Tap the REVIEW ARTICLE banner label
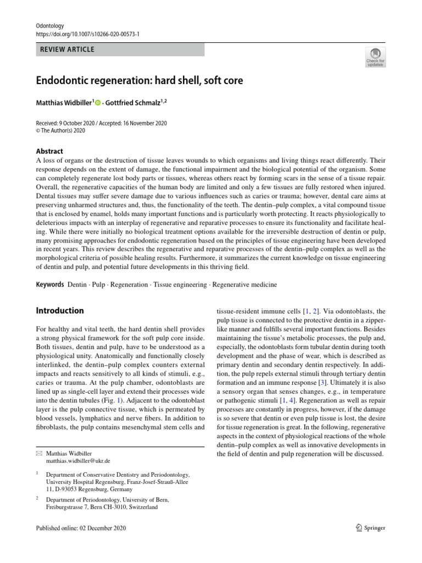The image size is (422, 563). click(x=68, y=49)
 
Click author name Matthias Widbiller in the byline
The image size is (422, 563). click(x=64, y=102)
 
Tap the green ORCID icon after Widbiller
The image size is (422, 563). click(x=98, y=103)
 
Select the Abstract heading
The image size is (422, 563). click(x=49, y=151)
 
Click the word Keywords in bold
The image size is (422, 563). click(x=50, y=285)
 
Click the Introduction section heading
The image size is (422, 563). click(x=60, y=311)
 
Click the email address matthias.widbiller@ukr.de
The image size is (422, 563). click(x=78, y=461)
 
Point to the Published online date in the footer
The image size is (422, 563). click(x=81, y=528)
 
